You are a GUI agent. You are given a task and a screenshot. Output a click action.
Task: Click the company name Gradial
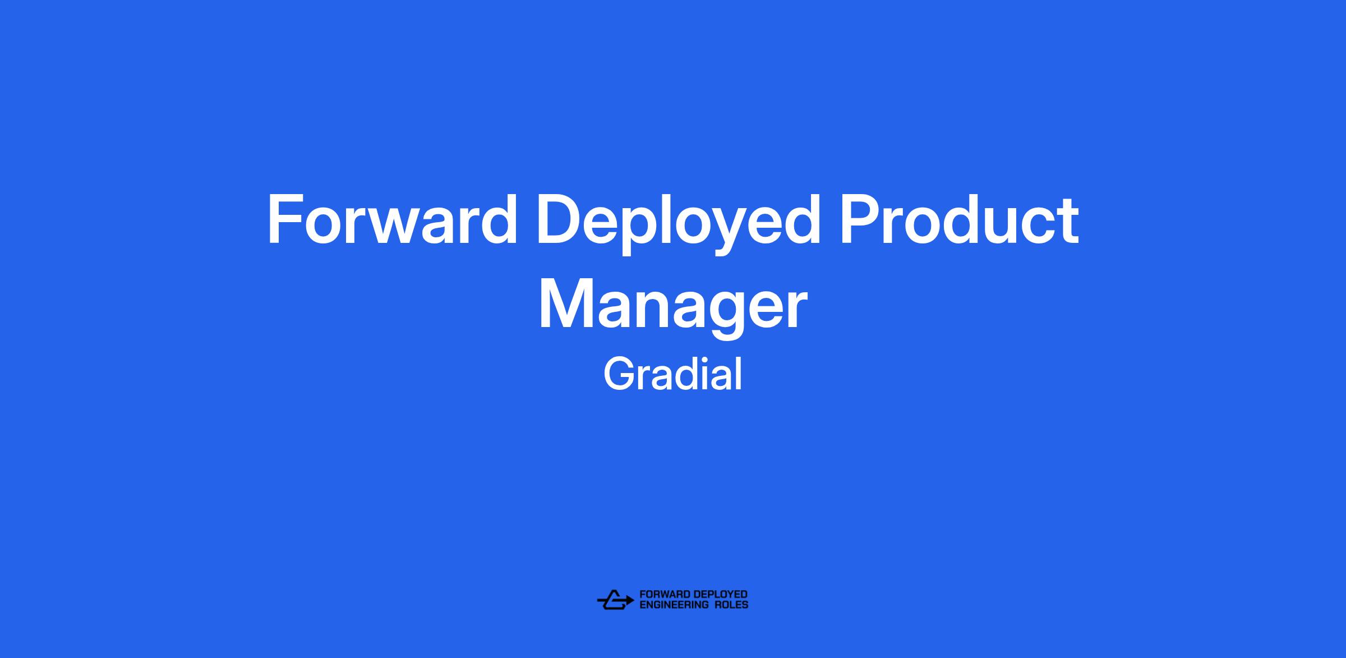672,375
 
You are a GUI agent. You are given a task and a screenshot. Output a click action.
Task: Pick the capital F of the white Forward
287,219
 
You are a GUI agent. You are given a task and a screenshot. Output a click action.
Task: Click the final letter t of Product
1067,222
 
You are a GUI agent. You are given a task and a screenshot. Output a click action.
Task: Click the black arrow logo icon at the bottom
615,599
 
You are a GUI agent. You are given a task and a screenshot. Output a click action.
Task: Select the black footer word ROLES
731,605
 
